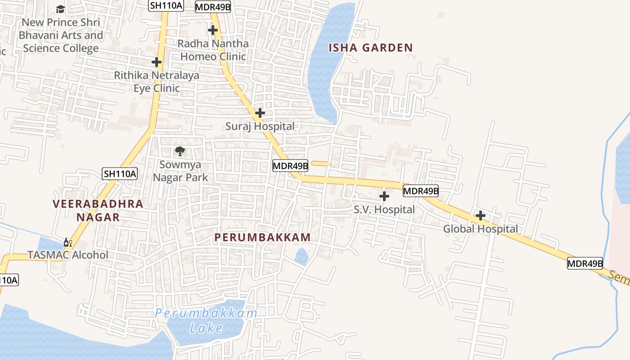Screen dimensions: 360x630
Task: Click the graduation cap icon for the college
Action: (60, 9)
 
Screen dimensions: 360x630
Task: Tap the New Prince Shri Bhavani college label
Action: (61, 35)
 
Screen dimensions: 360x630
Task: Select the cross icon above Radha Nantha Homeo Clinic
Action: (213, 30)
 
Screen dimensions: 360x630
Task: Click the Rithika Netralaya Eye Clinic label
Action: (157, 81)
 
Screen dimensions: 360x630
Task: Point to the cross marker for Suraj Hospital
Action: (260, 113)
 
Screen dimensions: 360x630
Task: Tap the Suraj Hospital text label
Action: (260, 126)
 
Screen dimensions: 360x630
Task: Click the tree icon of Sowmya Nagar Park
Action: (180, 151)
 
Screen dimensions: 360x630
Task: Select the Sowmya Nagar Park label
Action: (180, 171)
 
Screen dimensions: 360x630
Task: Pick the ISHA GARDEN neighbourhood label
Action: (370, 48)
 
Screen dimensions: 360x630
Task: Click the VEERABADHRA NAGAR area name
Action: (98, 211)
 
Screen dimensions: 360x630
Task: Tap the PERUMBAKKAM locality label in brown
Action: (262, 237)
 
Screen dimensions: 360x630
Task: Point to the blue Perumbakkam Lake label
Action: (206, 320)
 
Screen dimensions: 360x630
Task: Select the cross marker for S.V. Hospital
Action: (384, 196)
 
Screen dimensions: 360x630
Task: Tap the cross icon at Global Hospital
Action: (481, 216)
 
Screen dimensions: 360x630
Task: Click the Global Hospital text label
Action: (481, 229)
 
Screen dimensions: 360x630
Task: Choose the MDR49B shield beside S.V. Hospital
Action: (420, 191)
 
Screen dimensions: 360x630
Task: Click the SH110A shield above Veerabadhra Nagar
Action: (119, 174)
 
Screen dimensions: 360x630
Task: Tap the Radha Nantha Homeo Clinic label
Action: (214, 50)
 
